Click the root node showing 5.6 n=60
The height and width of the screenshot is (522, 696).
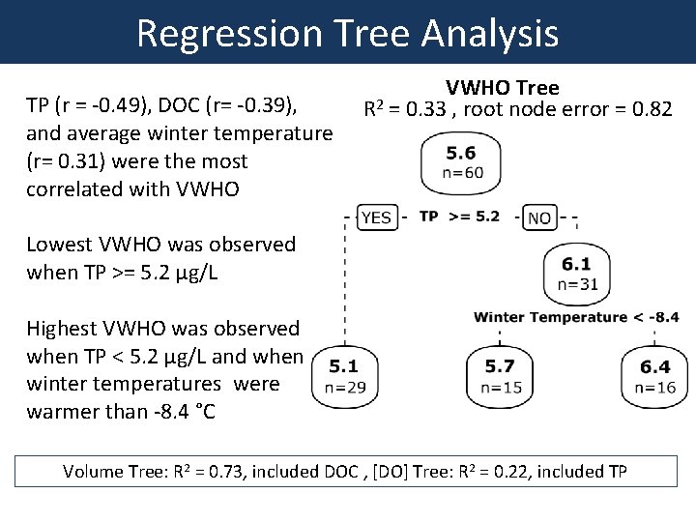[x=461, y=162]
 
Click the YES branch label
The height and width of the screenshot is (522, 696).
[x=374, y=217]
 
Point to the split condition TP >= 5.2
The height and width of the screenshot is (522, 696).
[x=459, y=217]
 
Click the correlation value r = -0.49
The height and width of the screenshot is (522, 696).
[x=100, y=103]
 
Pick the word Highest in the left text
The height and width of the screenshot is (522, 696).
[x=65, y=329]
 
